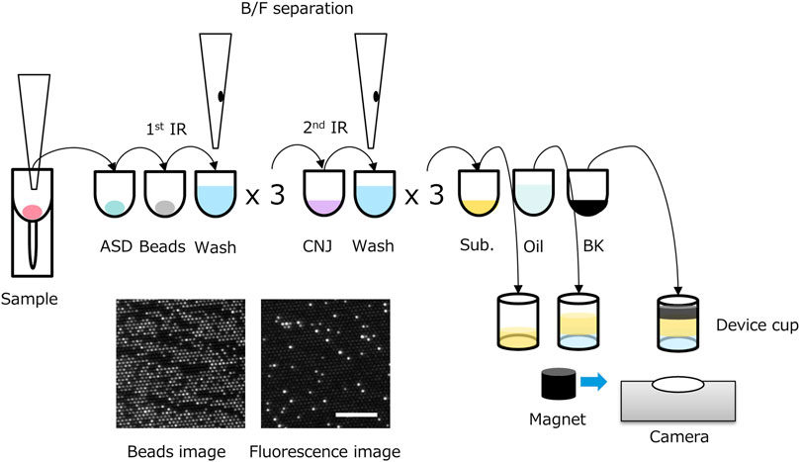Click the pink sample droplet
(33, 212)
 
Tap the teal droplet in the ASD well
(115, 207)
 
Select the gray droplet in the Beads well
(165, 207)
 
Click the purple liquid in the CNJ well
(323, 207)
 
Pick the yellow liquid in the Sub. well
(478, 207)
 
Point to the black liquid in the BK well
(587, 208)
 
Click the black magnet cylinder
(559, 384)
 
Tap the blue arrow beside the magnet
(593, 381)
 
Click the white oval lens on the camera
(678, 385)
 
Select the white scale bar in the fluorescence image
(356, 415)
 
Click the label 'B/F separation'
(297, 8)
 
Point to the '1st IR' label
(166, 129)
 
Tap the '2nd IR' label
(325, 127)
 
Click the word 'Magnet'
(558, 419)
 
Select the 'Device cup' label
(757, 325)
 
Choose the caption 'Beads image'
(177, 452)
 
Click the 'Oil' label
(533, 246)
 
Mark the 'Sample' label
(29, 299)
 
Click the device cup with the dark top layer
(678, 323)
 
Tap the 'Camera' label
(679, 437)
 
